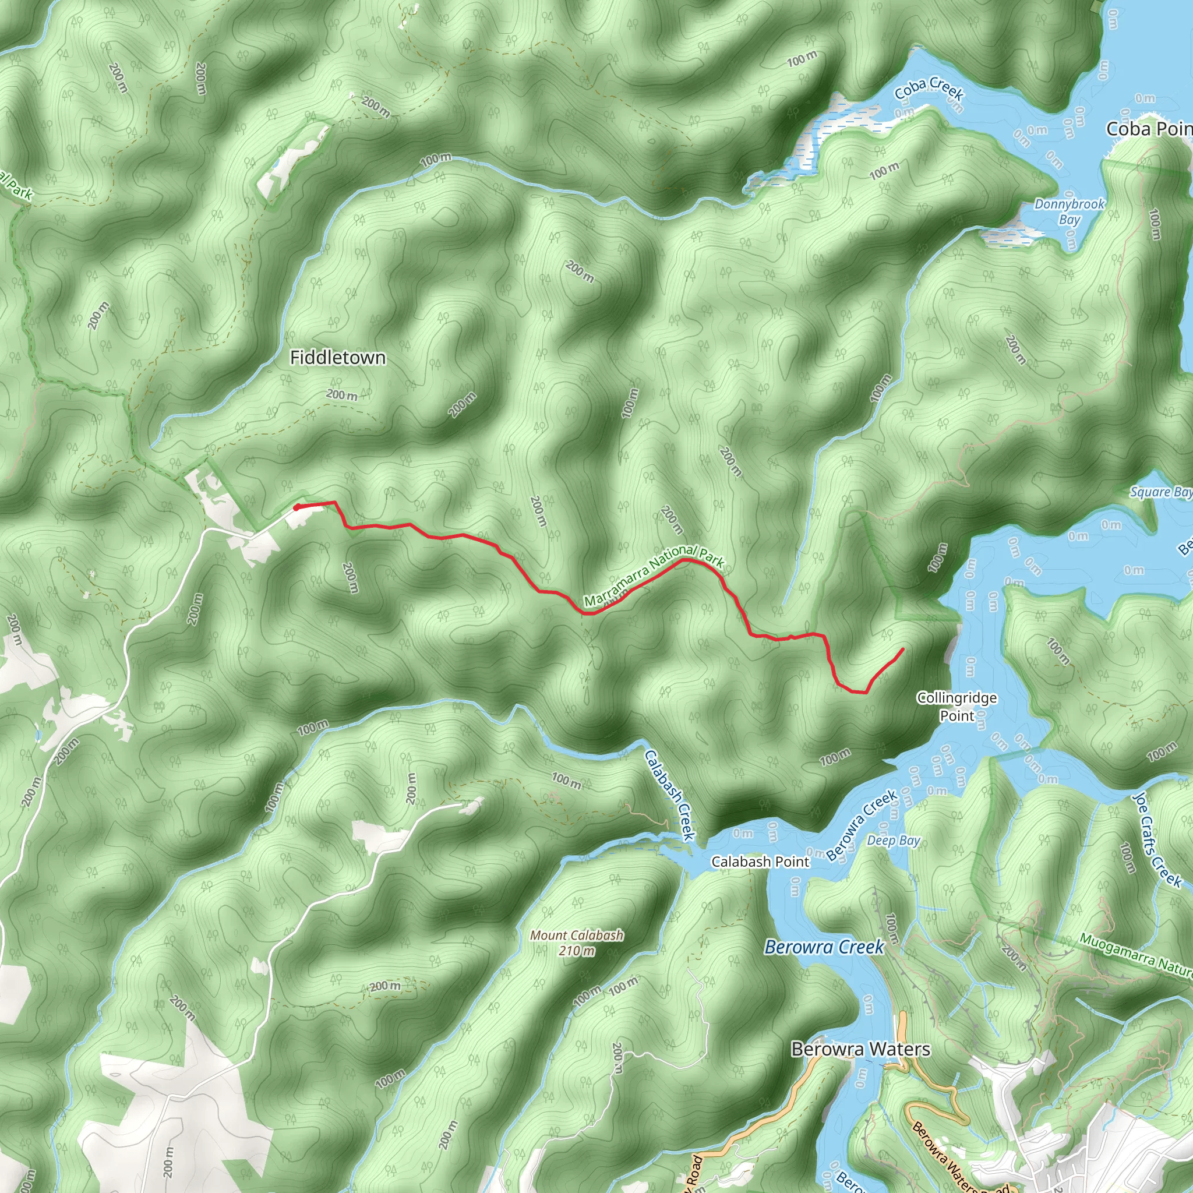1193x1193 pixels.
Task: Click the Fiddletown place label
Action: [337, 358]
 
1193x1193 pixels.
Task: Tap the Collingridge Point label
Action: [956, 707]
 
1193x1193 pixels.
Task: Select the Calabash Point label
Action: [760, 862]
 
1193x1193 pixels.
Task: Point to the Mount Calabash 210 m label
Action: [577, 943]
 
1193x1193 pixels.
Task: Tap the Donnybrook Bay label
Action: [1069, 211]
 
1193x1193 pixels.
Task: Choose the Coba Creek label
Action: [929, 89]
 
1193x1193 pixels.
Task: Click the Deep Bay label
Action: [893, 841]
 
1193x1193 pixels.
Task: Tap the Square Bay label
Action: [1160, 492]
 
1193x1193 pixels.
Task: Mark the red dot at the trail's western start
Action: [297, 507]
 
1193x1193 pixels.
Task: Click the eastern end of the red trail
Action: [903, 649]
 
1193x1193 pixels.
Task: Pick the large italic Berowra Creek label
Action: [824, 947]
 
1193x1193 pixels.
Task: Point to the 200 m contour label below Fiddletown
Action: [341, 394]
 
